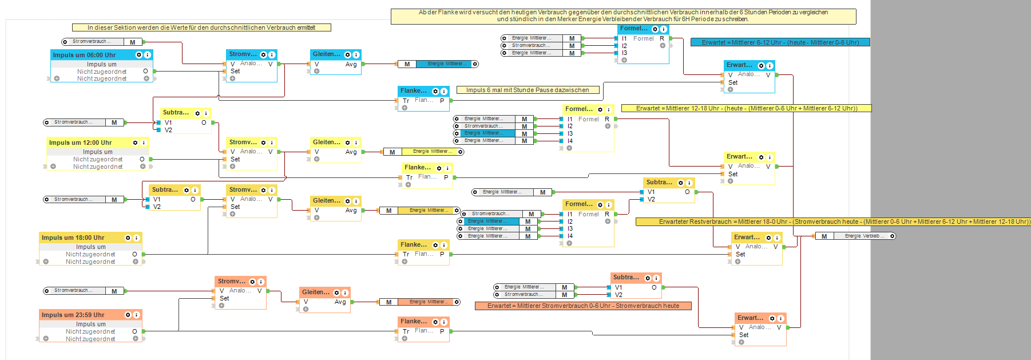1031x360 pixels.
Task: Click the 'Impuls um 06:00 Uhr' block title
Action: [85, 55]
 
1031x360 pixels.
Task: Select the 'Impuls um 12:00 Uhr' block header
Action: [81, 143]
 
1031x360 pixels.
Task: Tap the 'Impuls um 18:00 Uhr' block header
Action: [73, 238]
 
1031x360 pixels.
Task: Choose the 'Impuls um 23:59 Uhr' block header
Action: [73, 315]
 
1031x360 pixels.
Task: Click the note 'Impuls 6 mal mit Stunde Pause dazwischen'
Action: [528, 90]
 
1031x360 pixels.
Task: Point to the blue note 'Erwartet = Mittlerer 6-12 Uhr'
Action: [780, 42]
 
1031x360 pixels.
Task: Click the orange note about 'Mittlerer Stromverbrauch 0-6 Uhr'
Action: [583, 306]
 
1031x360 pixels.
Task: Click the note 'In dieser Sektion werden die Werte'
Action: [201, 27]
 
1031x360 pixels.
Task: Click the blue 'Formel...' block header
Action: [634, 29]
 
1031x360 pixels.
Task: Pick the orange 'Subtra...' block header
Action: [626, 278]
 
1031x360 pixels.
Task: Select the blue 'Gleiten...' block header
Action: [327, 54]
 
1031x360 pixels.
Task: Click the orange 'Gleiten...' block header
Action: [316, 292]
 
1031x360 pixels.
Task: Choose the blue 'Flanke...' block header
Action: [414, 91]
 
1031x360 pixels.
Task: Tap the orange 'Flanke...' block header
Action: [414, 322]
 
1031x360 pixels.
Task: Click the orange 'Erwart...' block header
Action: [751, 318]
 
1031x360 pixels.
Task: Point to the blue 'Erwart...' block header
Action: [740, 65]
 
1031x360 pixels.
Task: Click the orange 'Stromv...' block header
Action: [232, 282]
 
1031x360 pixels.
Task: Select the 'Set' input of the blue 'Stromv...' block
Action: [235, 72]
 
